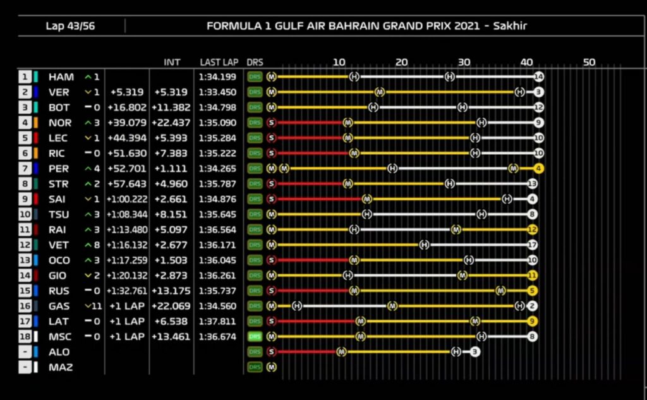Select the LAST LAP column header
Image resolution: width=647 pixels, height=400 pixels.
[219, 62]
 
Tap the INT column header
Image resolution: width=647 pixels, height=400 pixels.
[172, 62]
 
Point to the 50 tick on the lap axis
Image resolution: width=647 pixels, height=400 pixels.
[589, 62]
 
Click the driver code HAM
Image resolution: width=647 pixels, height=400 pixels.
[61, 77]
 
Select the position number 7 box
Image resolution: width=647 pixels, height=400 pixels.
[25, 169]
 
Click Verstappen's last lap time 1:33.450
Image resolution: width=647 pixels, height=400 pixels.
[217, 92]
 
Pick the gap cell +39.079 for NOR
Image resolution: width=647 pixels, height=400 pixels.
[128, 123]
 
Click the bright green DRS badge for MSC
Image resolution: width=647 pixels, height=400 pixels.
[255, 337]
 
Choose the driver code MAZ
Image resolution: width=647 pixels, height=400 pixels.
[61, 367]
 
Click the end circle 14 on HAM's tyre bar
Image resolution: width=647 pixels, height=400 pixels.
[538, 77]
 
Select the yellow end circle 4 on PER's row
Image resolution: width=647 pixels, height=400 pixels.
[538, 169]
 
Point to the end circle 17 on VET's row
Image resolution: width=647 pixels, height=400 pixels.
[532, 245]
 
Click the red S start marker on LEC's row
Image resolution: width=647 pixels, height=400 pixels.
[272, 138]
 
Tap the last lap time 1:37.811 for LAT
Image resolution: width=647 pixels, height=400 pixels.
[217, 322]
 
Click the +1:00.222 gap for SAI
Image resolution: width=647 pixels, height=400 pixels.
[127, 199]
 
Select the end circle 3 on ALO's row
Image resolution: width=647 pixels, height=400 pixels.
[475, 352]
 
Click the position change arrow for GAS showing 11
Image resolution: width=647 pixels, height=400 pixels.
[92, 306]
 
